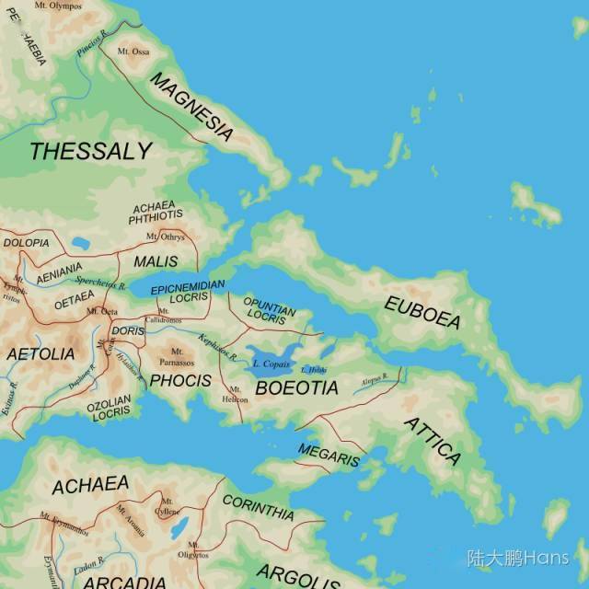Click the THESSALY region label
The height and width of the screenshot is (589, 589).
(x=90, y=152)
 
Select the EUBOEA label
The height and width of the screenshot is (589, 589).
(x=422, y=313)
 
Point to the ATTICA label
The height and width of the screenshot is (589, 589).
(x=433, y=440)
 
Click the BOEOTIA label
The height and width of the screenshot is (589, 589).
(x=296, y=388)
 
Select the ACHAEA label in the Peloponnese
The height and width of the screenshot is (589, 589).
(x=90, y=485)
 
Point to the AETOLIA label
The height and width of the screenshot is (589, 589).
(x=40, y=353)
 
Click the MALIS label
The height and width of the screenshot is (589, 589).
(x=156, y=261)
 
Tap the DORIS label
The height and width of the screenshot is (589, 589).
(x=127, y=330)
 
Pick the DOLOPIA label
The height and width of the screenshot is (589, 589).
(x=26, y=243)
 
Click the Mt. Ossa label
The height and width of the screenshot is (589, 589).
(x=133, y=52)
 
